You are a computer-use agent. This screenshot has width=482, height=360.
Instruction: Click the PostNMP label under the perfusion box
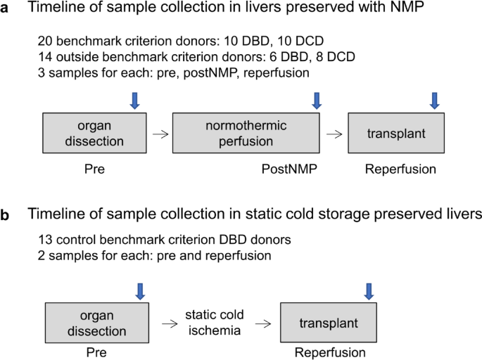click(x=286, y=169)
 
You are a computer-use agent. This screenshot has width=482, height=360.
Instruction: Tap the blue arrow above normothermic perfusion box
click(x=317, y=101)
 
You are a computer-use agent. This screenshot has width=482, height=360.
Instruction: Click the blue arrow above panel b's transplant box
click(x=367, y=290)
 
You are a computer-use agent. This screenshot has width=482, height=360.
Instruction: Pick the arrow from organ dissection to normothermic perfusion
click(x=162, y=134)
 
